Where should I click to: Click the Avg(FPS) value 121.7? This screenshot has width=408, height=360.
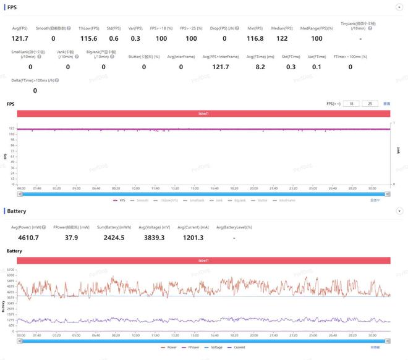[21, 38]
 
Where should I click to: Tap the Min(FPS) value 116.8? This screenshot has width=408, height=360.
[255, 38]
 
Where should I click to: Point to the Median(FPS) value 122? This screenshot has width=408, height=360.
[281, 38]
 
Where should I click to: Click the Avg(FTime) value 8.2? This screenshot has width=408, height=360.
[260, 67]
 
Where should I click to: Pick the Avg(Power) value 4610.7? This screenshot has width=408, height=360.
[28, 238]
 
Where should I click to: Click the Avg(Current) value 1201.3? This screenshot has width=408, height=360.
[193, 238]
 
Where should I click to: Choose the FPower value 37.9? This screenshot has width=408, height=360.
[72, 238]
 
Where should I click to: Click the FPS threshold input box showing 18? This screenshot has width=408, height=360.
[351, 104]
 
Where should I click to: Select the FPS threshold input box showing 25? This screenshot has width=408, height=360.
[370, 104]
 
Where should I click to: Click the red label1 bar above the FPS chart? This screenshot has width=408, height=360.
[204, 114]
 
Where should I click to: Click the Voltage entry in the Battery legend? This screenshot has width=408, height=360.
[215, 347]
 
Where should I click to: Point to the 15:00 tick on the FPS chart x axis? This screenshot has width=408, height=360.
[194, 188]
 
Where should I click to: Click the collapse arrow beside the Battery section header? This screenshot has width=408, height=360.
[399, 211]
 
